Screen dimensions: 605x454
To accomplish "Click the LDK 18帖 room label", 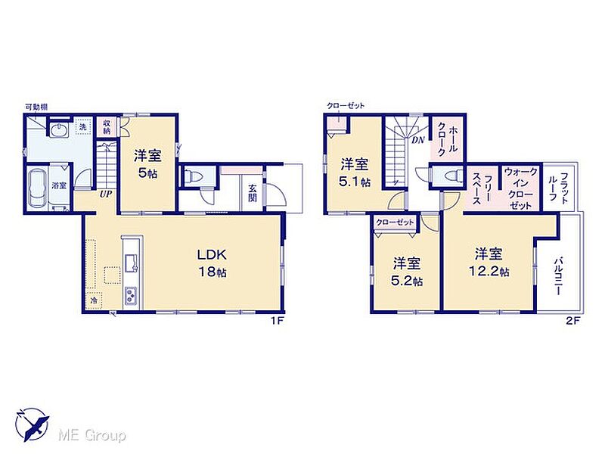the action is [212, 263].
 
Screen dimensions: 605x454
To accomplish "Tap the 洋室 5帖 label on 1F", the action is [147, 164].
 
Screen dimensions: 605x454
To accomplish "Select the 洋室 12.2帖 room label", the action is [489, 262].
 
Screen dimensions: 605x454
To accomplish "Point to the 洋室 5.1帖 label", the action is [354, 173].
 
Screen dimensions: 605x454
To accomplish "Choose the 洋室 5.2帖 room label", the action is [407, 272].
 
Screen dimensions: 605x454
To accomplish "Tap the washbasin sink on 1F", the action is [58, 129].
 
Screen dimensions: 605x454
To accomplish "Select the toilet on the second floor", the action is [453, 176].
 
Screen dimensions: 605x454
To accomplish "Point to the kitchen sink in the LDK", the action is [131, 263].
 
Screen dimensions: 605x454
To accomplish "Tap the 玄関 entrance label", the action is [253, 194].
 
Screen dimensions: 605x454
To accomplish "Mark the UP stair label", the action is [105, 194].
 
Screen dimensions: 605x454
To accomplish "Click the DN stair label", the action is [418, 140].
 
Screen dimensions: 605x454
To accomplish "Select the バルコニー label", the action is [557, 276].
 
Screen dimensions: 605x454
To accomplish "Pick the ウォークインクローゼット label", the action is [520, 188].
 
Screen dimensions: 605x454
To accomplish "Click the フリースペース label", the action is [482, 188].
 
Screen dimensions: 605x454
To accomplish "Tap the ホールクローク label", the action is [447, 139].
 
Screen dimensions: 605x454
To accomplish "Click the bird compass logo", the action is [32, 424].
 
